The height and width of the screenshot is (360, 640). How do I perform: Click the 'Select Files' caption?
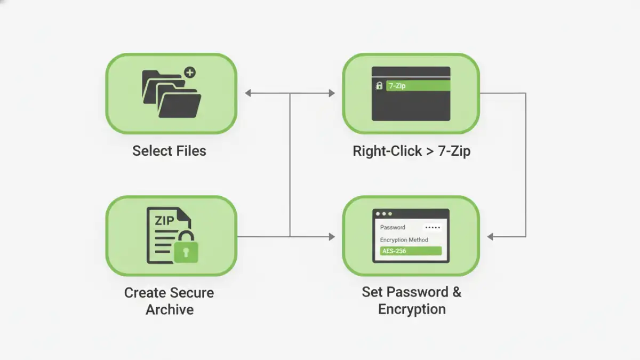pyautogui.click(x=169, y=151)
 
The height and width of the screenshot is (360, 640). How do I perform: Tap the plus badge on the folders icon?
pyautogui.click(x=189, y=73)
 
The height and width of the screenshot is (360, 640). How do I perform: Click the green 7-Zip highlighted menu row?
pyautogui.click(x=418, y=85)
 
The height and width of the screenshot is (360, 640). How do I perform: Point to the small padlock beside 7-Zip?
pyautogui.click(x=379, y=85)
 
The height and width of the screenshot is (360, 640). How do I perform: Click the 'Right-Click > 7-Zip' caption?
pyautogui.click(x=411, y=151)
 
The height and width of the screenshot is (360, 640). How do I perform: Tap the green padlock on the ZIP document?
pyautogui.click(x=186, y=250)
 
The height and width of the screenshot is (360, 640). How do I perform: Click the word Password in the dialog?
pyautogui.click(x=393, y=227)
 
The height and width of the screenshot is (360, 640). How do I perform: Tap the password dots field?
pyautogui.click(x=432, y=228)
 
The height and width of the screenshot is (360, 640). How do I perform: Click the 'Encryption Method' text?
pyautogui.click(x=404, y=240)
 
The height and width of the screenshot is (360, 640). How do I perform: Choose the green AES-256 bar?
pyautogui.click(x=411, y=251)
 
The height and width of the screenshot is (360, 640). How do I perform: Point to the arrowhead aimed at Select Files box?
pyautogui.click(x=248, y=93)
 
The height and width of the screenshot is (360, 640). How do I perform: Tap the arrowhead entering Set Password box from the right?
pyautogui.click(x=491, y=236)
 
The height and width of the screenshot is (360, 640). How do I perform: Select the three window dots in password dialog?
pyautogui.click(x=383, y=214)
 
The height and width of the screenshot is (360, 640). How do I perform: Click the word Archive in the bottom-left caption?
pyautogui.click(x=169, y=309)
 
